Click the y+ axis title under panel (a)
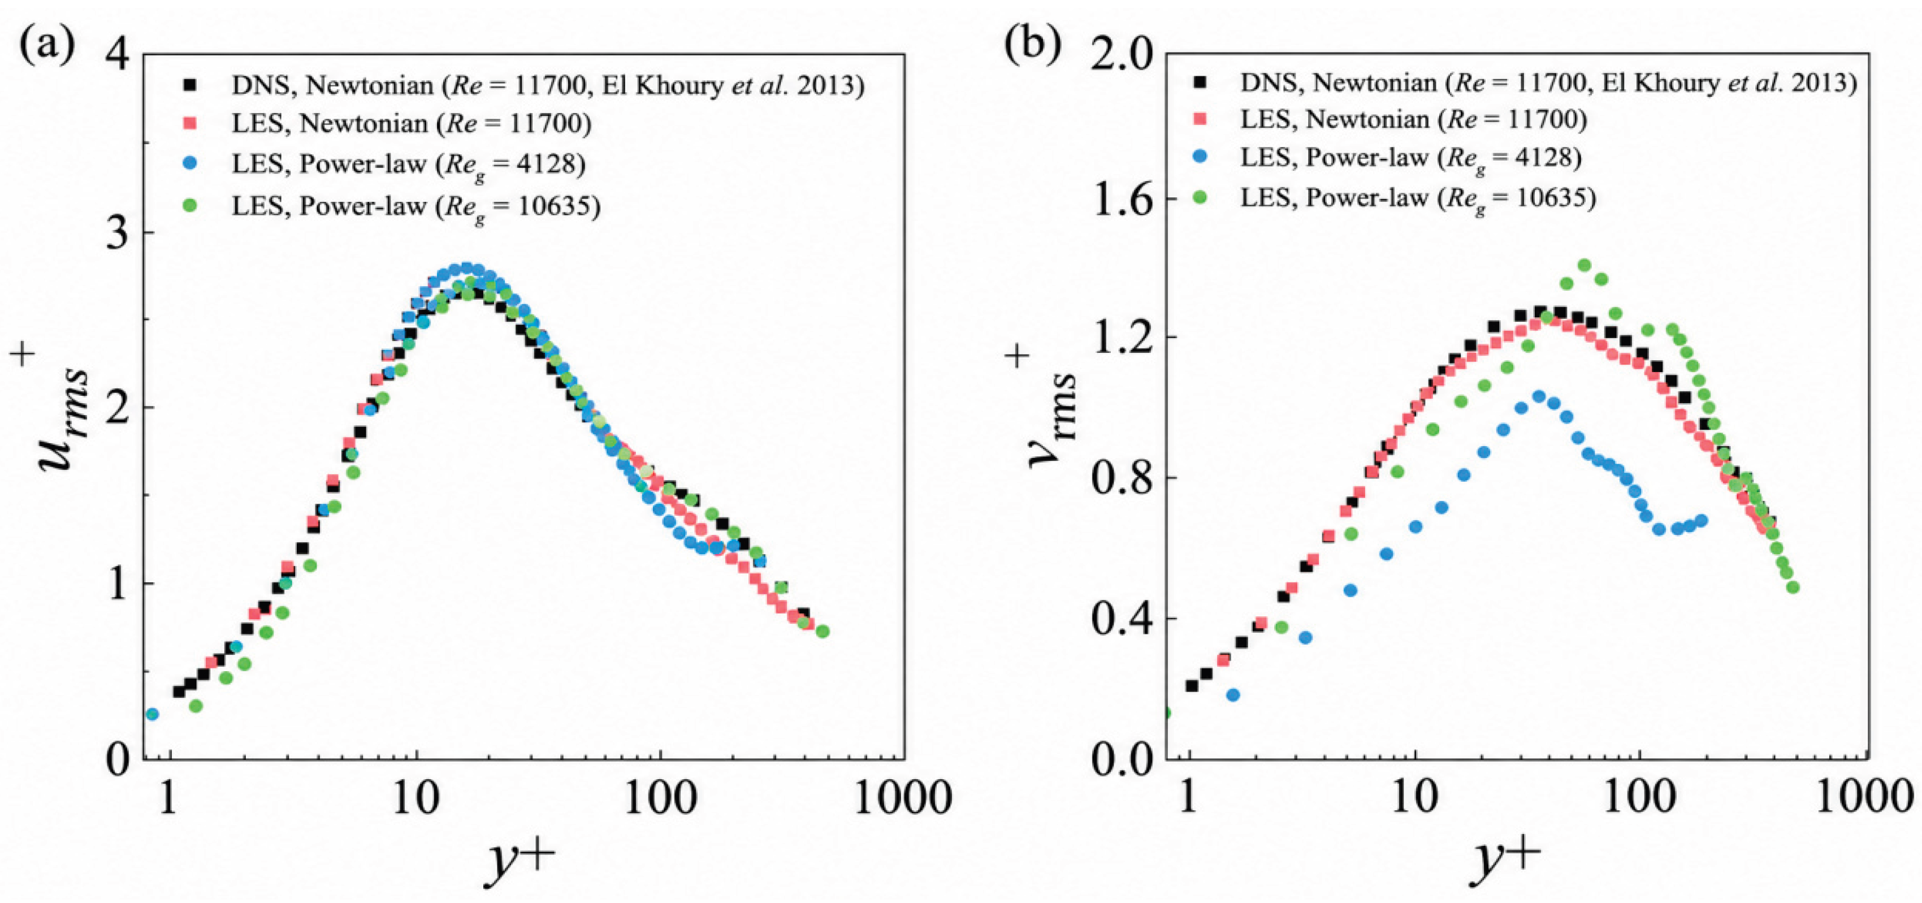(x=520, y=862)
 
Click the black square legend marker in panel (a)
(x=193, y=85)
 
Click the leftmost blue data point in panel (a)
(x=152, y=714)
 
